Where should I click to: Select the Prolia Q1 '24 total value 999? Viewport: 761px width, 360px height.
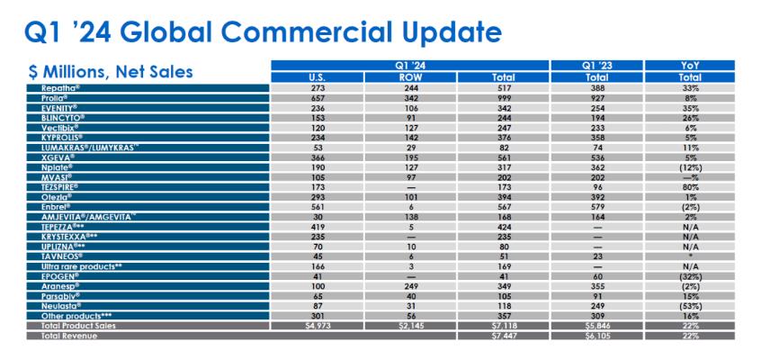(503, 96)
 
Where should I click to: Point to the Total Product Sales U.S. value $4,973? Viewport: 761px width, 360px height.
(317, 327)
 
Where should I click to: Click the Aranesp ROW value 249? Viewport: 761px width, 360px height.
(410, 285)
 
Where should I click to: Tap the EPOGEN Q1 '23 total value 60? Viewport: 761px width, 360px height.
(596, 276)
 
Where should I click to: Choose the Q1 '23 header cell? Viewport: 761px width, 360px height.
(596, 65)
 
